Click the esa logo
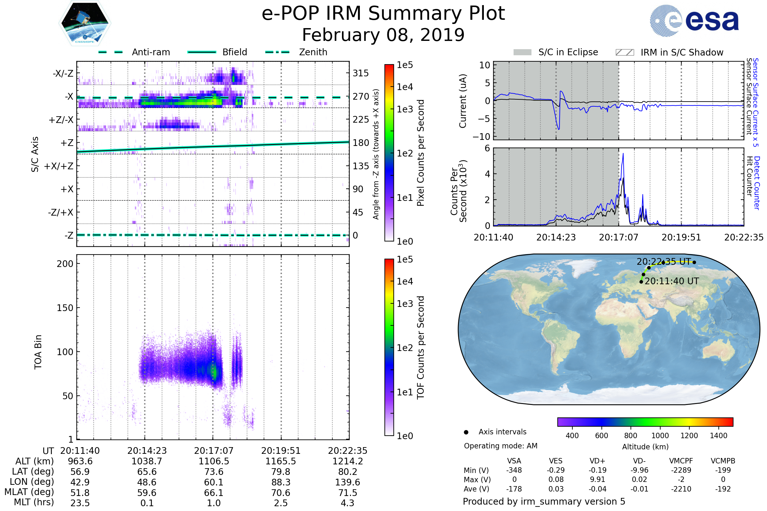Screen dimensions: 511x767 [694, 20]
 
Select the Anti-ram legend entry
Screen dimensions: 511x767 [134, 52]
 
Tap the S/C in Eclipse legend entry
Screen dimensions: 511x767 [556, 52]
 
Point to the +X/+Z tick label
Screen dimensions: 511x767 [59, 166]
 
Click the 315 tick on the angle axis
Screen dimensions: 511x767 [361, 73]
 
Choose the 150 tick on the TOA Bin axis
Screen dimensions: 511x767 [65, 308]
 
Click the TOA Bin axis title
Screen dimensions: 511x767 [38, 352]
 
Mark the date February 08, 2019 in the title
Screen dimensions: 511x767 [383, 35]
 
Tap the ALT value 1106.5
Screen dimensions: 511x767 [214, 461]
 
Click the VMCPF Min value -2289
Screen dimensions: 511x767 [681, 470]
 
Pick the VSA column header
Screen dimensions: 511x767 [514, 461]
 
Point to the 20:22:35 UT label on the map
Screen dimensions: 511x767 [664, 262]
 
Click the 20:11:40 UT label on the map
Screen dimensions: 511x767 [672, 281]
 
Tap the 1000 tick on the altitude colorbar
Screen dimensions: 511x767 [660, 436]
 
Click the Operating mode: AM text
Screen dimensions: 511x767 [500, 446]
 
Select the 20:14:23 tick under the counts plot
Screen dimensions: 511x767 [556, 237]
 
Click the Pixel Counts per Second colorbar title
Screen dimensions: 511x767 [421, 153]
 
